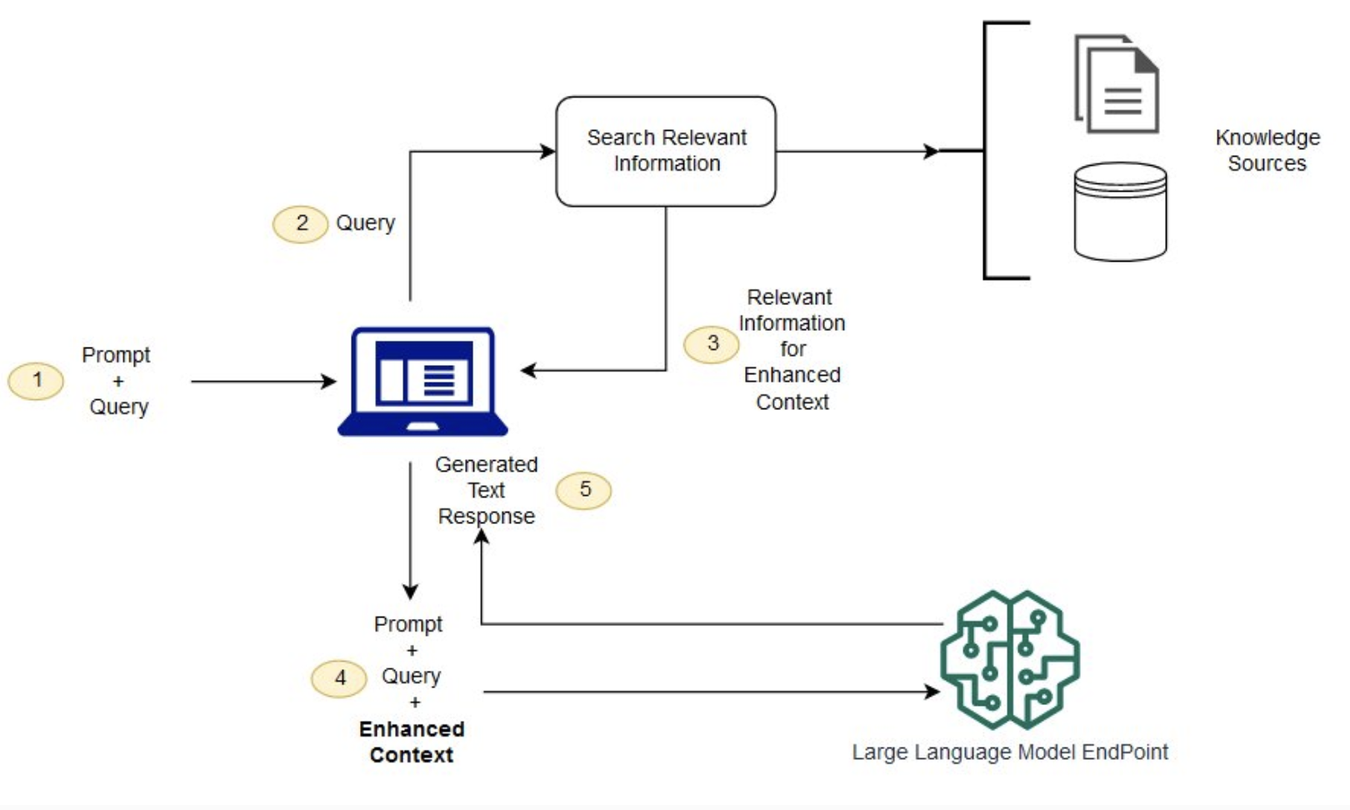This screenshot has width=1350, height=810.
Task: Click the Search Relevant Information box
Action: (666, 151)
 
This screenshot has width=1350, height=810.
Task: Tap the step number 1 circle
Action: (36, 381)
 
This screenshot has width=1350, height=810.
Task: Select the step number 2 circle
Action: (300, 223)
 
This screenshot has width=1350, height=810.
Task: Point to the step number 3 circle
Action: (712, 343)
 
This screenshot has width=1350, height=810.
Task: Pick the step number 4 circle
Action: (339, 678)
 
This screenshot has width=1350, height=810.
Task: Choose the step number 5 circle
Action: (584, 489)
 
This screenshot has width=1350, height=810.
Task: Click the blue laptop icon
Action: (422, 381)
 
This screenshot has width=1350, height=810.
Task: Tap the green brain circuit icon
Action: (1010, 659)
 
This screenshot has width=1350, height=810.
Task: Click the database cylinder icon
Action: (1120, 212)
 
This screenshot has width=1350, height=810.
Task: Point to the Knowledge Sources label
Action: (1267, 150)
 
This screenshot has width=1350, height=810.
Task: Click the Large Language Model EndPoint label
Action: (1010, 752)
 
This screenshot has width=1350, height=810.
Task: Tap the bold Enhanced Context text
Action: (412, 742)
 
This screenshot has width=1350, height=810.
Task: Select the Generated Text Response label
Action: (487, 490)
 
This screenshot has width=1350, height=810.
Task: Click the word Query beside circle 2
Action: (365, 223)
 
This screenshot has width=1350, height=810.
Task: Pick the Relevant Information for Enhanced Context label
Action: (792, 349)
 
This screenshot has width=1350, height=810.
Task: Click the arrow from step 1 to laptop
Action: (262, 382)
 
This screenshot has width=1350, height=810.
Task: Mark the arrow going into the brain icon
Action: (708, 692)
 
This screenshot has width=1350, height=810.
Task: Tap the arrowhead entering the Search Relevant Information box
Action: (547, 152)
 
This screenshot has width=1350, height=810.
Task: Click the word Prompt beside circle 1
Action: (116, 355)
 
